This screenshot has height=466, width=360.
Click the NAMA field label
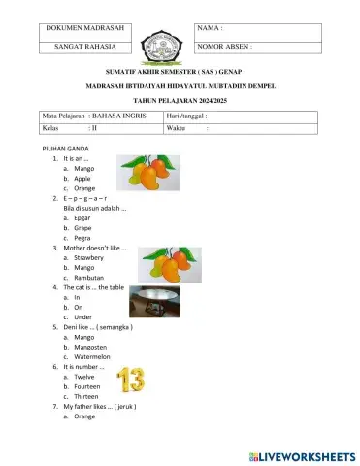coord(210,28)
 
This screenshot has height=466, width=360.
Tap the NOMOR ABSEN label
coord(225,46)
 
